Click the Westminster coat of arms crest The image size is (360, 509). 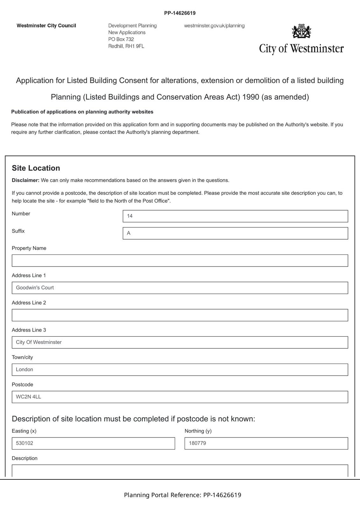click(x=301, y=31)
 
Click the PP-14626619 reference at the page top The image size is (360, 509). click(x=180, y=13)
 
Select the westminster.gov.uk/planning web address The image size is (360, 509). click(x=214, y=26)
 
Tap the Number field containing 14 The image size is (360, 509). click(x=235, y=216)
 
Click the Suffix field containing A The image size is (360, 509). click(x=235, y=233)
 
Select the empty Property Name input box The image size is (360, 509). click(x=180, y=261)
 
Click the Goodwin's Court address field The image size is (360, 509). click(x=180, y=288)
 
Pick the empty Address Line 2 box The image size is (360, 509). click(x=180, y=315)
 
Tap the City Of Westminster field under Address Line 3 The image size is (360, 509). click(x=180, y=342)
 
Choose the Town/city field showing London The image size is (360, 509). click(x=180, y=370)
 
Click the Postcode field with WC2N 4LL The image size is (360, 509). click(x=180, y=397)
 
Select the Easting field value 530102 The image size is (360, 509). click(x=93, y=443)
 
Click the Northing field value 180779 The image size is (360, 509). click(x=266, y=443)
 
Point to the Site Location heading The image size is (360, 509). click(x=36, y=168)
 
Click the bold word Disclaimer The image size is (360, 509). click(x=25, y=180)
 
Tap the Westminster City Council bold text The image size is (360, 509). click(x=46, y=26)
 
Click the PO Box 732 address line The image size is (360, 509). click(x=121, y=39)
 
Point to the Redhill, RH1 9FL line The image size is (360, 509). click(x=126, y=46)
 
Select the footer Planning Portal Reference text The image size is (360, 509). click(x=182, y=495)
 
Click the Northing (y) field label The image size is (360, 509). click(x=198, y=431)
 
